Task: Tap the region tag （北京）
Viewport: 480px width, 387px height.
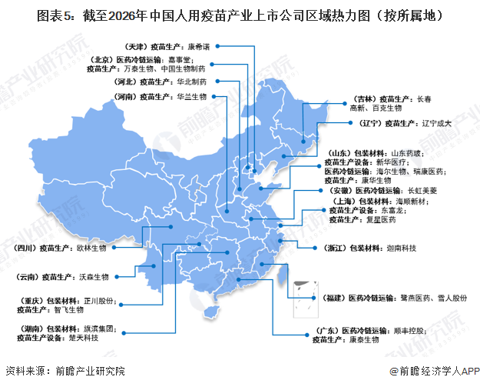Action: click(106, 58)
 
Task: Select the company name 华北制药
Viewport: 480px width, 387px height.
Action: click(192, 81)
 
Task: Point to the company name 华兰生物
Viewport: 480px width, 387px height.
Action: click(192, 98)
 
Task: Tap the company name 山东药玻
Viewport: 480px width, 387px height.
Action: click(406, 153)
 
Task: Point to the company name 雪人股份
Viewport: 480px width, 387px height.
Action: click(450, 296)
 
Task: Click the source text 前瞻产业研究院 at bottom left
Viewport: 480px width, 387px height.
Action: click(84, 371)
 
